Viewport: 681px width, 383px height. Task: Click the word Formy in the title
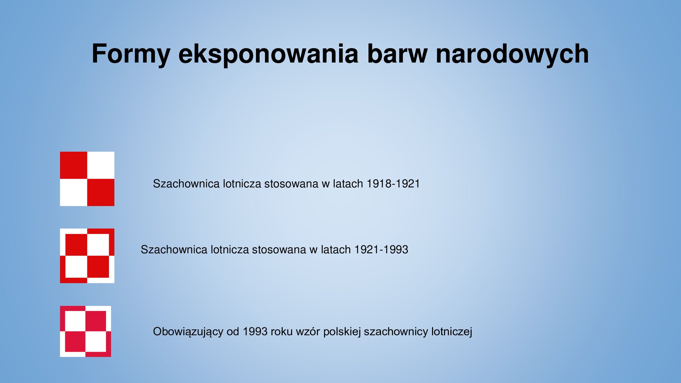coord(131,54)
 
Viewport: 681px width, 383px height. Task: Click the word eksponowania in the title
coord(268,54)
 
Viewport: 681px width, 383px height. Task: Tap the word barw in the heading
coord(397,54)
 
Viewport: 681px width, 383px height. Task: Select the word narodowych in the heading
coord(512,54)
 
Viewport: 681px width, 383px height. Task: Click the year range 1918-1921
coord(393,184)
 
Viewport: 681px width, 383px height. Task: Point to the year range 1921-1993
coord(381,250)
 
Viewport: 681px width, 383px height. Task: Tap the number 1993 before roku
coord(255,332)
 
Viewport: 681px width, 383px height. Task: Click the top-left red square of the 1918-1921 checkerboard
coord(73,165)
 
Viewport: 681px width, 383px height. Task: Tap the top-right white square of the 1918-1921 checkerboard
coord(101,165)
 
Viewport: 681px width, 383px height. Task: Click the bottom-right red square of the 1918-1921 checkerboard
coord(101,193)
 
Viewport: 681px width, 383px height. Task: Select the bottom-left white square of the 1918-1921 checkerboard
coord(73,193)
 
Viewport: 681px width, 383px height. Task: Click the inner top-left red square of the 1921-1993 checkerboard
coord(76,245)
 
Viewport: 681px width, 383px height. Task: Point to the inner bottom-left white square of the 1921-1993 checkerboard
coord(76,267)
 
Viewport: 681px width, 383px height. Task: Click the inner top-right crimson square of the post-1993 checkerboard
coord(96,321)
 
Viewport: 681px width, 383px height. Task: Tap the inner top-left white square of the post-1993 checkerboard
coord(75,321)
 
